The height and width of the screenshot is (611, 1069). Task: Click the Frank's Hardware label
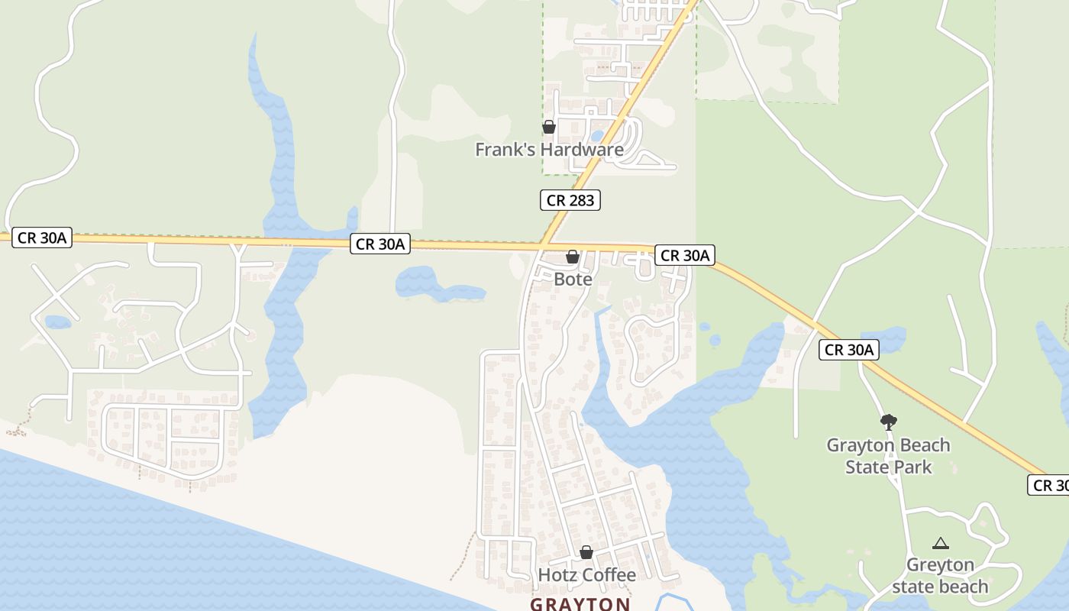[549, 150]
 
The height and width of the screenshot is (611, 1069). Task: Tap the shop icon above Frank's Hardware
[549, 127]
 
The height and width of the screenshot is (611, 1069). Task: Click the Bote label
[573, 280]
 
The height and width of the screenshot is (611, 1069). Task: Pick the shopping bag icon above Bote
[572, 257]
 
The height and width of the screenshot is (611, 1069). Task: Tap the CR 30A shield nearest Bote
[684, 256]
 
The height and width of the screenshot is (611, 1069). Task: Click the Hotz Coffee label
[587, 575]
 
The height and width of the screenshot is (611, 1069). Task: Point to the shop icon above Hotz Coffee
[586, 552]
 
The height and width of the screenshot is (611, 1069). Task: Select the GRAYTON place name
[580, 604]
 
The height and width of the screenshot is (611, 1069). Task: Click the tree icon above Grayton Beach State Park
[888, 422]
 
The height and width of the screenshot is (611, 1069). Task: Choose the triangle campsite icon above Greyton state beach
[941, 544]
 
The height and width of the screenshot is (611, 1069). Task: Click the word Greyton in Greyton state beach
[940, 566]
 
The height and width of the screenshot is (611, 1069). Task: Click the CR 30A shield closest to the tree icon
[849, 350]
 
